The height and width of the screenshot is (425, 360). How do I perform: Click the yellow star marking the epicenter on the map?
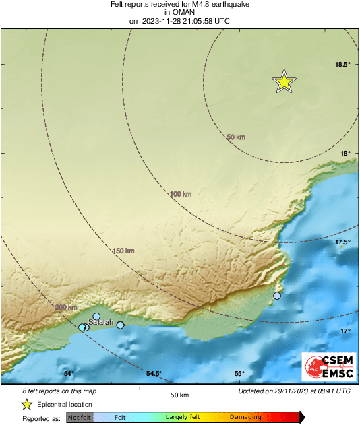pos(284,81)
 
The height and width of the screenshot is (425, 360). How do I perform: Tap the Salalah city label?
pos(100,323)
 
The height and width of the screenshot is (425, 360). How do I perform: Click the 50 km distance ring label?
pos(236,137)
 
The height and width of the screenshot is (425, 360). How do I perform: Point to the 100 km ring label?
pos(180,194)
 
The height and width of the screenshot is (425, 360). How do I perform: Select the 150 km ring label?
pos(123,251)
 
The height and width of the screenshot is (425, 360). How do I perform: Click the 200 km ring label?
pos(66,307)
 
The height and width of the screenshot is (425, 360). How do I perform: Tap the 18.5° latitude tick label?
pos(343,65)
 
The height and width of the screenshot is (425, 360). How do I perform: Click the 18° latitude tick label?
pos(345,154)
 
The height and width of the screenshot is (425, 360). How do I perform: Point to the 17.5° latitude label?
pos(343,242)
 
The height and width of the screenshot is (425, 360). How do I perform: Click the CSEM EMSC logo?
pos(326,366)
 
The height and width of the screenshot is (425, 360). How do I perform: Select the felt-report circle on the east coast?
pos(277,296)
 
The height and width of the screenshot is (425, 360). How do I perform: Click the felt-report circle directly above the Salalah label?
pos(96,316)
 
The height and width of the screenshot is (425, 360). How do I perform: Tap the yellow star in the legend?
pos(27,404)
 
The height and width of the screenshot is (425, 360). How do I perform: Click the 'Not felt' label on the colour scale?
pos(80,418)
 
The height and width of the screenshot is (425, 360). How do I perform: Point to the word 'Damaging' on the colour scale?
pos(245,418)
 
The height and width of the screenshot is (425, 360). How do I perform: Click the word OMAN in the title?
pos(179,12)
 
